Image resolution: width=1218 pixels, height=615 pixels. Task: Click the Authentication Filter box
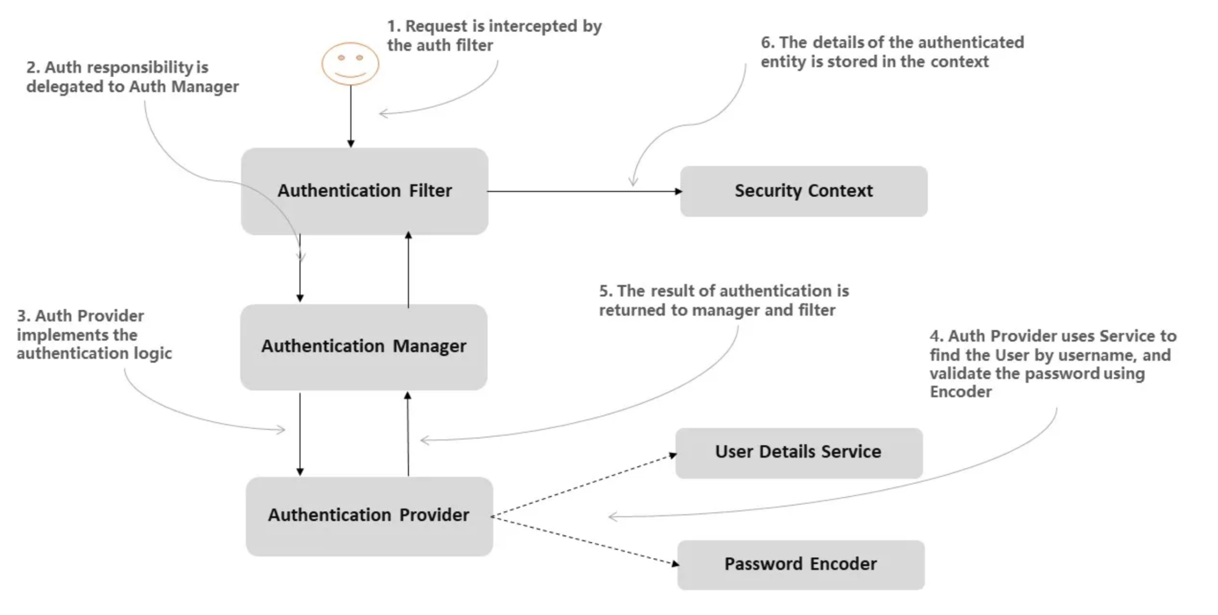(x=364, y=191)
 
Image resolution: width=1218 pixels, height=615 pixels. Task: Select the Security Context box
(x=803, y=191)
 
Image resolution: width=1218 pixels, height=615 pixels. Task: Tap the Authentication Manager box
(x=363, y=347)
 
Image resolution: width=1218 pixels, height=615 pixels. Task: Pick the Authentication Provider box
(x=369, y=516)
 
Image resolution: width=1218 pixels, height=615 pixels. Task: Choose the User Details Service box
(x=799, y=453)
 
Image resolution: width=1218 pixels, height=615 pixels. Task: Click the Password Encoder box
(x=801, y=564)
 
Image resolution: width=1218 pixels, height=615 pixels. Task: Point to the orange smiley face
(x=350, y=64)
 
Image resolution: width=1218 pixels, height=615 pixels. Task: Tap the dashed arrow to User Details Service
(x=584, y=485)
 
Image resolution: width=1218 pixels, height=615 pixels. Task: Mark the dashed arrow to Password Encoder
(x=584, y=541)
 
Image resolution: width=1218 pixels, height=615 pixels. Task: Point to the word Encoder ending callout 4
(x=960, y=392)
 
